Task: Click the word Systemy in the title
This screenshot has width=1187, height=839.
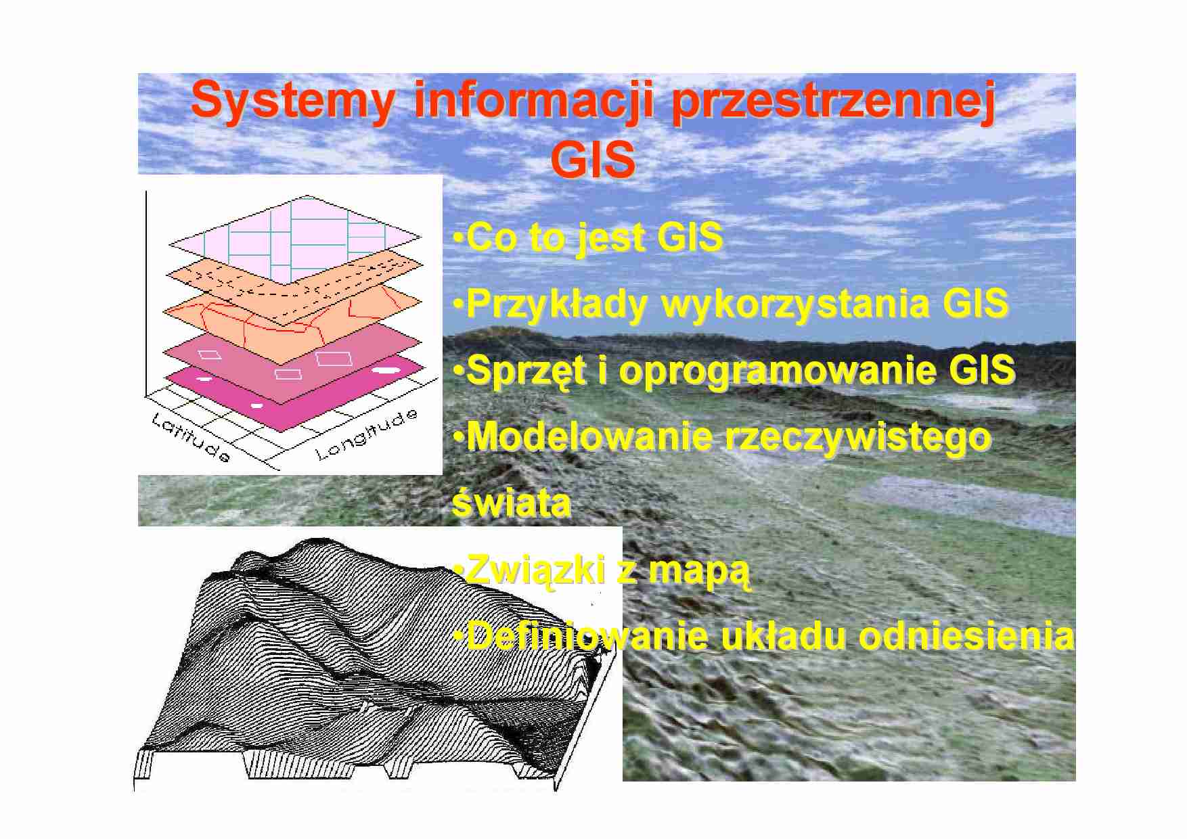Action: coord(292,101)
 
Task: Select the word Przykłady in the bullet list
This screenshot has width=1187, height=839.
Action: coord(557,304)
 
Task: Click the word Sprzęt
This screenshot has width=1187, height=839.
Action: coord(527,371)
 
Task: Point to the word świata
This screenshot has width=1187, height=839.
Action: coord(511,503)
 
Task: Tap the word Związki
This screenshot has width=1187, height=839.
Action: coord(535,570)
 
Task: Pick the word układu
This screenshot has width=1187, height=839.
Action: coord(783,636)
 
